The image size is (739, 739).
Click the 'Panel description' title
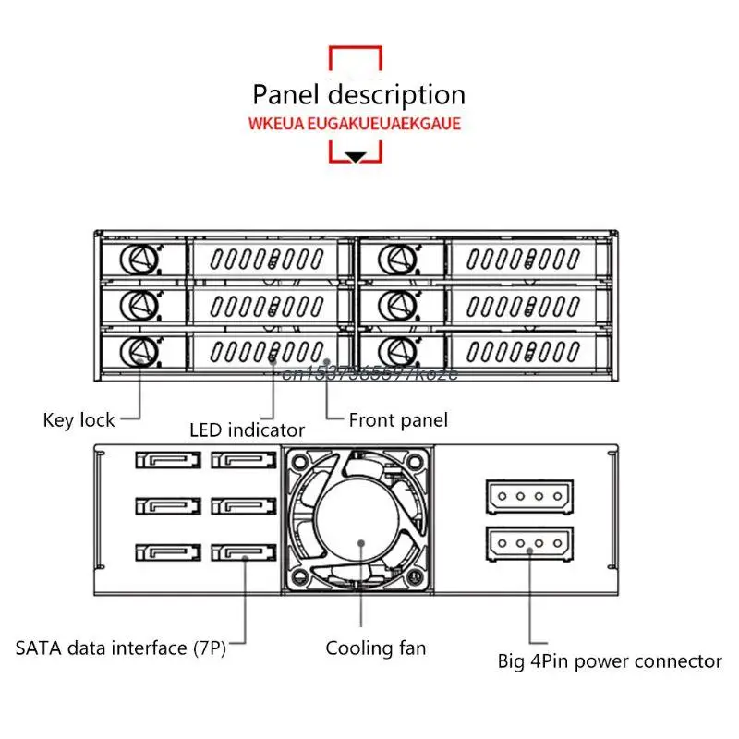(358, 94)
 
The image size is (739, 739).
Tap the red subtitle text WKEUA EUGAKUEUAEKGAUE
(354, 124)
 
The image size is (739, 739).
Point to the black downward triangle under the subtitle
(356, 157)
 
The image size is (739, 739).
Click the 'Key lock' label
(79, 420)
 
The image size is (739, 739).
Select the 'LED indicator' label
(247, 430)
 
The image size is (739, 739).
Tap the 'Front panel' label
(398, 420)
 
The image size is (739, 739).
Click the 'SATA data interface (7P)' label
(120, 648)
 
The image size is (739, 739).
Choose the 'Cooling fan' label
(376, 648)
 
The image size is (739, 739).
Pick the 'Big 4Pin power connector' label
(610, 661)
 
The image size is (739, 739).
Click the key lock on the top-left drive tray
(139, 259)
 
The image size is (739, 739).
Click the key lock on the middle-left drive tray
(139, 304)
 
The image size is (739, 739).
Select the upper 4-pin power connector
(529, 496)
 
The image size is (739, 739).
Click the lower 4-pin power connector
(529, 543)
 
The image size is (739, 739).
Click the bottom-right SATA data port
(244, 553)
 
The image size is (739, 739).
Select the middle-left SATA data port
(167, 506)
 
